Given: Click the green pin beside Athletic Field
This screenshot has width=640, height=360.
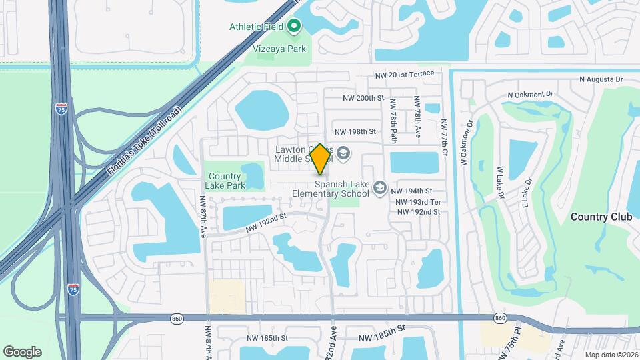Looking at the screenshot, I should click(294, 27).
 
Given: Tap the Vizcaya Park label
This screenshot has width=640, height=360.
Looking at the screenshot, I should click(279, 49).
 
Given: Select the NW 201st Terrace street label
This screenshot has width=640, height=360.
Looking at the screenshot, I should click(404, 74).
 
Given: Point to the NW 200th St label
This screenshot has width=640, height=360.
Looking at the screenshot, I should click(364, 98).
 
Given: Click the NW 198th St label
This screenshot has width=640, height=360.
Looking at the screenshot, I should click(355, 132).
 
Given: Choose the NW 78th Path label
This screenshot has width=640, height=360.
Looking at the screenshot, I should click(393, 120).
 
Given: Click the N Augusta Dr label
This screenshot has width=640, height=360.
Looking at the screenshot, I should click(601, 79).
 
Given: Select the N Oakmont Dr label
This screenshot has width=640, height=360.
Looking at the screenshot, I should click(531, 95).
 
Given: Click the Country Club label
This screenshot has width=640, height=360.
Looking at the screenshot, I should click(597, 217).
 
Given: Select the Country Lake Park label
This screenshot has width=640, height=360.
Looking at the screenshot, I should click(225, 181).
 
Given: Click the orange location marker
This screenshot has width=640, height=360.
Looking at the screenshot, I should click(321, 159).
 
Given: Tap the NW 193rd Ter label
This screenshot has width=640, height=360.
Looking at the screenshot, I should click(418, 202).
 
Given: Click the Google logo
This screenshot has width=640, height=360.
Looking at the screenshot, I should click(22, 351).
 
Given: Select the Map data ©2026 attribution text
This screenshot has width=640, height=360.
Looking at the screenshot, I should click(611, 355).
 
